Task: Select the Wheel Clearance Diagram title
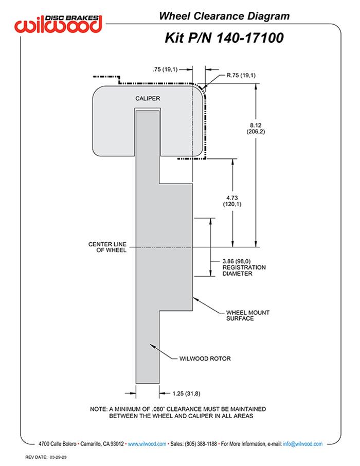[x=224, y=16]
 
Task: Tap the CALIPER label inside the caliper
[x=148, y=98]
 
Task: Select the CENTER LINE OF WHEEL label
[x=108, y=246]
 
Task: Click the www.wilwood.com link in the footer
[x=146, y=443]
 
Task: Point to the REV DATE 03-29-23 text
[x=49, y=457]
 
